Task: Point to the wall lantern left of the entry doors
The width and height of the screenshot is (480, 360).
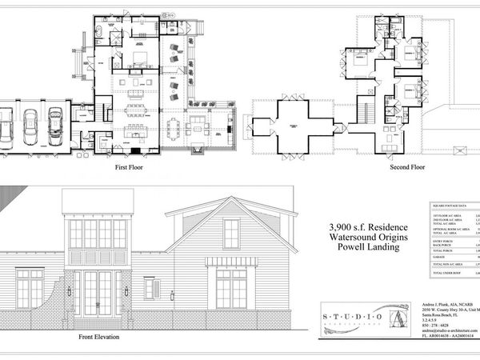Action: pos(70,290)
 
